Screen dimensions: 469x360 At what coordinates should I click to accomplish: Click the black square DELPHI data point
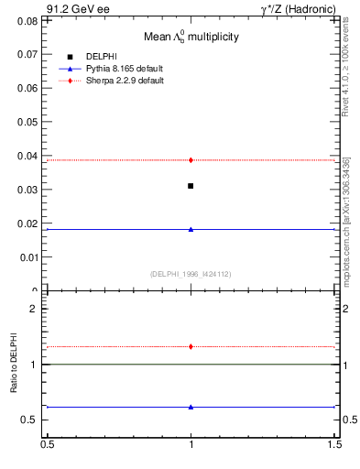pyautogui.click(x=191, y=186)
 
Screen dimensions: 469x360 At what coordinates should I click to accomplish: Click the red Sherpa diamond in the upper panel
pyautogui.click(x=191, y=160)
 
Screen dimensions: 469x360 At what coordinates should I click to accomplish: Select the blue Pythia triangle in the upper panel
pyautogui.click(x=191, y=229)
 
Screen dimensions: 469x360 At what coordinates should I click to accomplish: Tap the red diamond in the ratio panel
pyautogui.click(x=191, y=346)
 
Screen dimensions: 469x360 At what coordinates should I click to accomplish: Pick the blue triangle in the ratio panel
pyautogui.click(x=191, y=407)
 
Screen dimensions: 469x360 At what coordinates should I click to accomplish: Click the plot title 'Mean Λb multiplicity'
pyautogui.click(x=191, y=37)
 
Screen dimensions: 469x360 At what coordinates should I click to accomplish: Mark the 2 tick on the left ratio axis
pyautogui.click(x=35, y=309)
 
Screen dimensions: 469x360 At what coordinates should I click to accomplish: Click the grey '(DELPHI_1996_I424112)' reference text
pyautogui.click(x=191, y=274)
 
